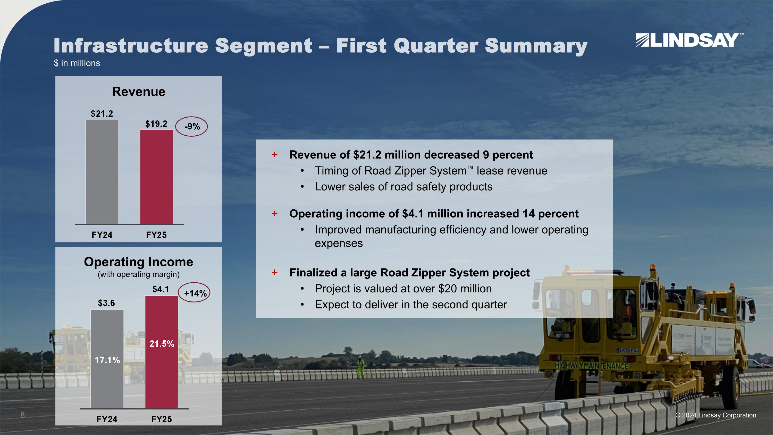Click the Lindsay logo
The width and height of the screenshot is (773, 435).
(x=690, y=40)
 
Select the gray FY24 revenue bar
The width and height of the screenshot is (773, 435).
(x=102, y=172)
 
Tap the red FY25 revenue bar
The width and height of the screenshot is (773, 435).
(x=156, y=177)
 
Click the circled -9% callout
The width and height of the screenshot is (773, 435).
(x=191, y=126)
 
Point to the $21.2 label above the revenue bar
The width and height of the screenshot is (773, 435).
(x=102, y=114)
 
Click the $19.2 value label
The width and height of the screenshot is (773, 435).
(x=156, y=124)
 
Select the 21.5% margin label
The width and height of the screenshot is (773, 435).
(x=162, y=344)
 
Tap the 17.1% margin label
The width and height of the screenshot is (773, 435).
(x=107, y=360)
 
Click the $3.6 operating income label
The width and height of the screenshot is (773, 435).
(x=106, y=303)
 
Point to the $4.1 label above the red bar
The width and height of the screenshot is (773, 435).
(x=161, y=289)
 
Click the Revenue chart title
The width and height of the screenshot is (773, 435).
(x=139, y=92)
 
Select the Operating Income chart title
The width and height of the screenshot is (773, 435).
(x=139, y=262)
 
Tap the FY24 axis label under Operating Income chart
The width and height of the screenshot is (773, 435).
(x=107, y=419)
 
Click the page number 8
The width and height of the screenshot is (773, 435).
(x=22, y=415)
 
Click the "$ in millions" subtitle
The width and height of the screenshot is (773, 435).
(x=77, y=63)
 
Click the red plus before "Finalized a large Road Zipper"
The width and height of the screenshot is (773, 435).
(x=274, y=272)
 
